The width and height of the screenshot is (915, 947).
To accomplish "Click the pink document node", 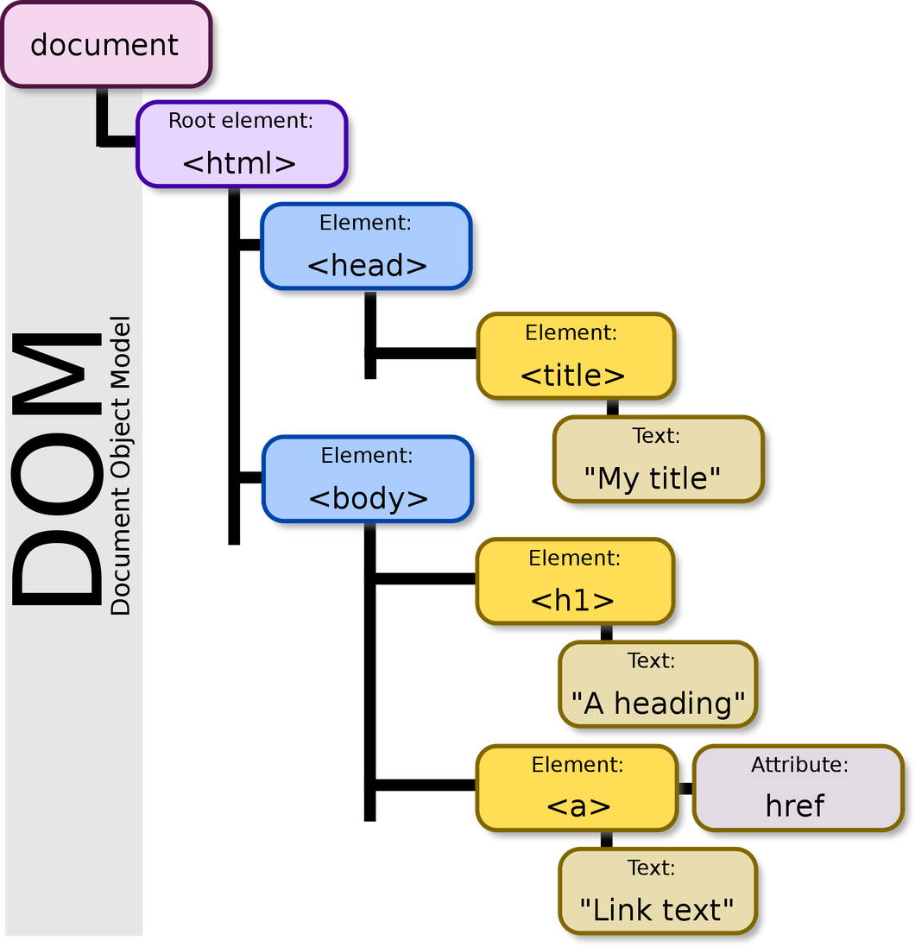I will click(104, 44).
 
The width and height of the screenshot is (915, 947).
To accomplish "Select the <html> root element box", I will click(241, 144).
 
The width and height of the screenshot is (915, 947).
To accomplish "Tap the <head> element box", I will click(366, 246).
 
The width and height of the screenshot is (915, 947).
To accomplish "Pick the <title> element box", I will click(574, 356).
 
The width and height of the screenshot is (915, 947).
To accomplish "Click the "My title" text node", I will click(657, 459).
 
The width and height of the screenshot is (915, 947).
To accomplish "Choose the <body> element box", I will click(368, 479).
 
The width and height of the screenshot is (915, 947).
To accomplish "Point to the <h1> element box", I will click(574, 581).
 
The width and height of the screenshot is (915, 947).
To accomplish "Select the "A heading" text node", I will click(657, 684).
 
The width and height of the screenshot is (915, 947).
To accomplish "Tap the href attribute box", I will click(796, 787).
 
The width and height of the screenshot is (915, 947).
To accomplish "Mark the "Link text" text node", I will click(657, 891).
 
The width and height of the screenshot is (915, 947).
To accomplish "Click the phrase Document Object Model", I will click(122, 466).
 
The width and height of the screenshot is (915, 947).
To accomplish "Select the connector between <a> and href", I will click(685, 788).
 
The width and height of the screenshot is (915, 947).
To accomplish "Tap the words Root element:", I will click(241, 121).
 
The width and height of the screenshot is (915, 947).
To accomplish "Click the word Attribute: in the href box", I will click(799, 765).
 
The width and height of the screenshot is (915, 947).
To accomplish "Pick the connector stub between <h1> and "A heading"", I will click(607, 632).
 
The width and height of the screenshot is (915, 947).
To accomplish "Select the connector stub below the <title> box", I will click(612, 407).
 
